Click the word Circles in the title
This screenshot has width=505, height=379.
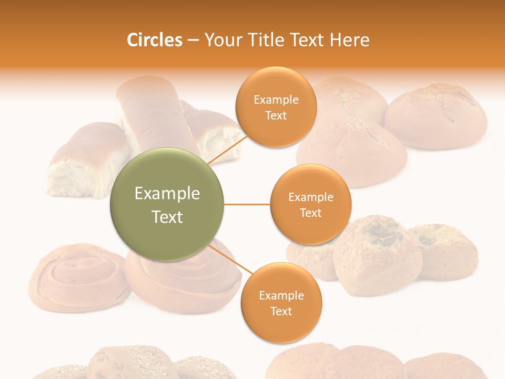155,40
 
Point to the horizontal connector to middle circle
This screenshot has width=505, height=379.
247,204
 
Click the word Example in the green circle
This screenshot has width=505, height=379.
167,194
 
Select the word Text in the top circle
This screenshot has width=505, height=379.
276,115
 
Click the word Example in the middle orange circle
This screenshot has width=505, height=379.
310,197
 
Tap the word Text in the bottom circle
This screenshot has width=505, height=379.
281,311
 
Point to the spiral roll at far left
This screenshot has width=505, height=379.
79,276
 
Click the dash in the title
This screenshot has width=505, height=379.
193,41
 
